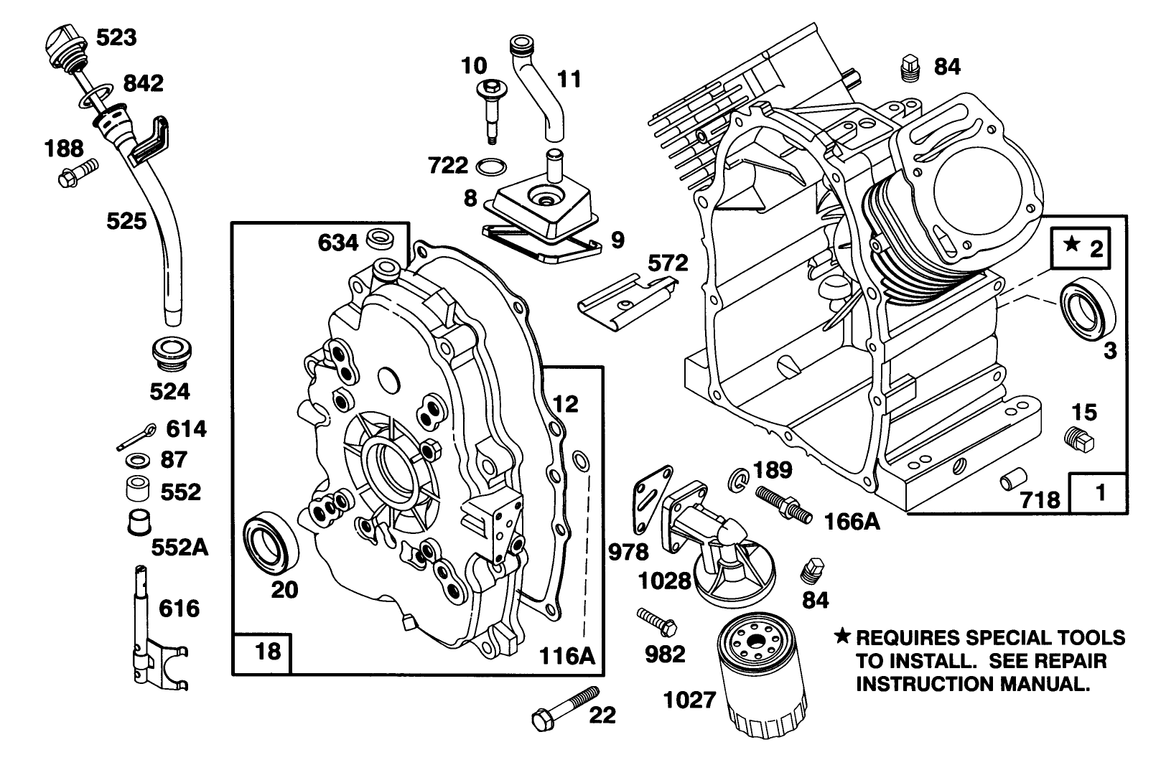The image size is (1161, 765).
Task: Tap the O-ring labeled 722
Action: [x=491, y=166]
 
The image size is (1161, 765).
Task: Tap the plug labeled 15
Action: [x=1078, y=439]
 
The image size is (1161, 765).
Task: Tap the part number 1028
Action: [x=665, y=580]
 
